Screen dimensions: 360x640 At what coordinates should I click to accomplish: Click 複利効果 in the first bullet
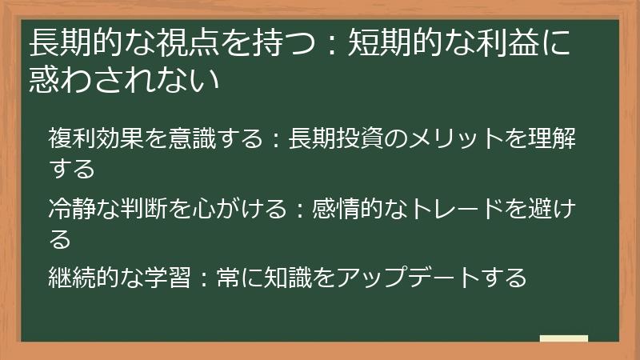[x=95, y=139]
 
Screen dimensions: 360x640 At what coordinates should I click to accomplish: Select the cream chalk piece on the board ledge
[x=564, y=338]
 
